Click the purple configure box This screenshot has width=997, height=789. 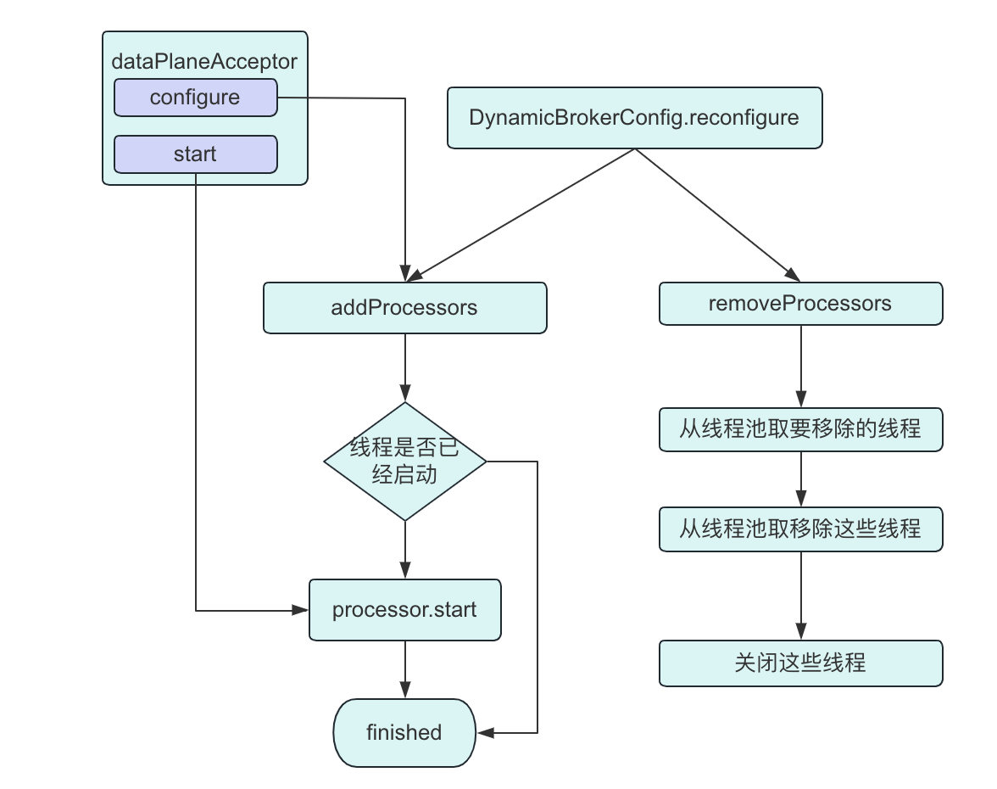195,98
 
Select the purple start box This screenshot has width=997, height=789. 195,154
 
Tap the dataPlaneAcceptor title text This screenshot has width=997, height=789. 204,62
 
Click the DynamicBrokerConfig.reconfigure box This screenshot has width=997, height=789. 634,118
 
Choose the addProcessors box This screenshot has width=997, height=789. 404,308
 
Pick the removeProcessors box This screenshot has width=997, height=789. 800,304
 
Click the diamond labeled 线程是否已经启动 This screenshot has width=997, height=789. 405,462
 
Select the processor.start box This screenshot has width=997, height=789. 404,610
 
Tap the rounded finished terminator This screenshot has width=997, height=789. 404,732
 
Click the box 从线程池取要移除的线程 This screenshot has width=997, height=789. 800,429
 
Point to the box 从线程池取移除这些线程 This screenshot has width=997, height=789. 800,529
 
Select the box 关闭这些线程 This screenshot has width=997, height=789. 800,663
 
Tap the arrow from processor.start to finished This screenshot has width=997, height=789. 405,669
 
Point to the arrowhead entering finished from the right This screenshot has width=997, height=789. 485,732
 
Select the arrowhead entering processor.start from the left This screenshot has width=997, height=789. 300,610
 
